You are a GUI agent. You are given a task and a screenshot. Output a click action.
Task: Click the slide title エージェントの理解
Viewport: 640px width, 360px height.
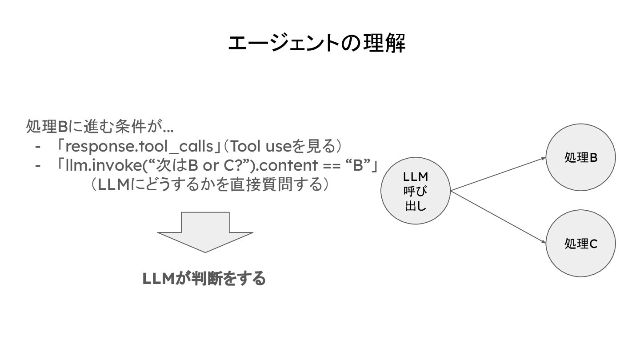click(316, 44)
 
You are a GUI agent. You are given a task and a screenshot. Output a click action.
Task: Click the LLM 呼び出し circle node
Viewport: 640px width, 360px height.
click(416, 191)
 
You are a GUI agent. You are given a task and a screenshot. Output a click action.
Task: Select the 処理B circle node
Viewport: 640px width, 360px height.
click(580, 157)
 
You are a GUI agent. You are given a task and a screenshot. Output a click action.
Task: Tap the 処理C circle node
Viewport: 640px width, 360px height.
click(580, 244)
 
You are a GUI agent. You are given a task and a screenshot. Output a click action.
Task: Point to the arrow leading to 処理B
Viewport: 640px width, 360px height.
click(498, 174)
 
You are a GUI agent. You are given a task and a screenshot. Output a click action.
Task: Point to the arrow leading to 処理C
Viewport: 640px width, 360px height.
click(498, 217)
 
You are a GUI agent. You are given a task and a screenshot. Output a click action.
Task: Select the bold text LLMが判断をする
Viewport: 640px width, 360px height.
click(204, 279)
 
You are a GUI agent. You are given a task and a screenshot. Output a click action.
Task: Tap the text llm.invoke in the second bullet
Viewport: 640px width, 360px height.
click(97, 165)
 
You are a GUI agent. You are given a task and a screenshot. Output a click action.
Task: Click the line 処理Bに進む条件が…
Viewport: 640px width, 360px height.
click(100, 127)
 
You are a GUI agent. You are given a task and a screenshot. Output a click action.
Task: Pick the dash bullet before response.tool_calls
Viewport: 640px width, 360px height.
click(38, 146)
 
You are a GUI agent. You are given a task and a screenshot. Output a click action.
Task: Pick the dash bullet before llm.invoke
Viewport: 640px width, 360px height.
click(38, 166)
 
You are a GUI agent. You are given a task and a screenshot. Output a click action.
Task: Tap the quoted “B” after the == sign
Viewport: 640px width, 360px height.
click(358, 165)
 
